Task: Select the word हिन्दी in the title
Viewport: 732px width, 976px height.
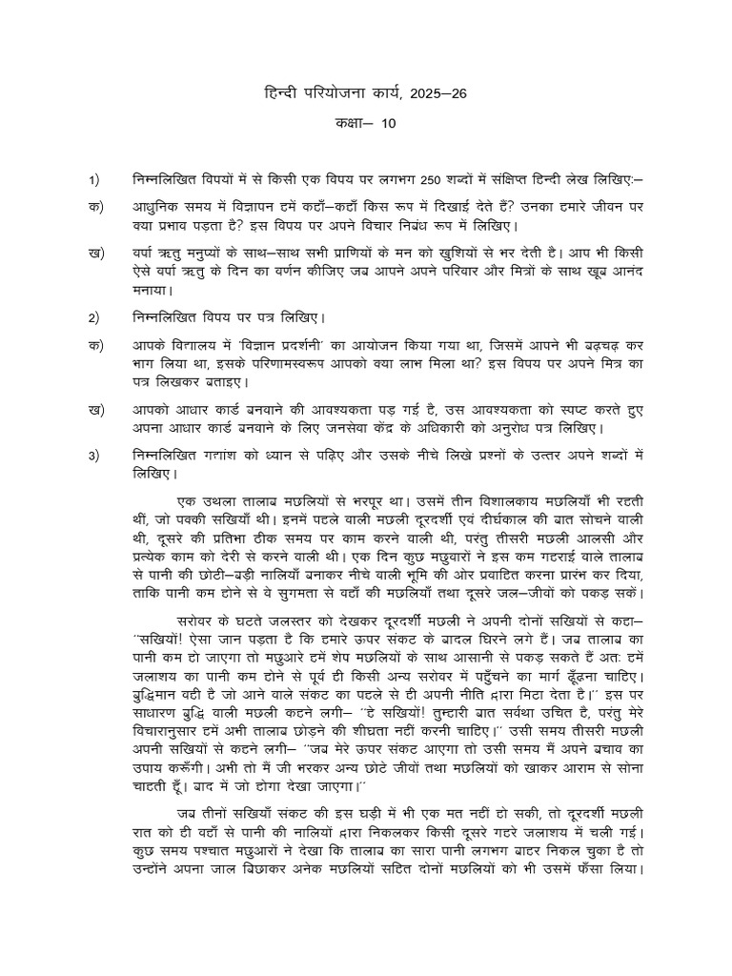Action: (x=284, y=93)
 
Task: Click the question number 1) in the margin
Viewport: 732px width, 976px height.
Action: (x=93, y=179)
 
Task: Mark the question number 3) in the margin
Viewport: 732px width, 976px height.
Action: (x=93, y=456)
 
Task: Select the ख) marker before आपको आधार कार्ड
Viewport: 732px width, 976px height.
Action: (x=94, y=410)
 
